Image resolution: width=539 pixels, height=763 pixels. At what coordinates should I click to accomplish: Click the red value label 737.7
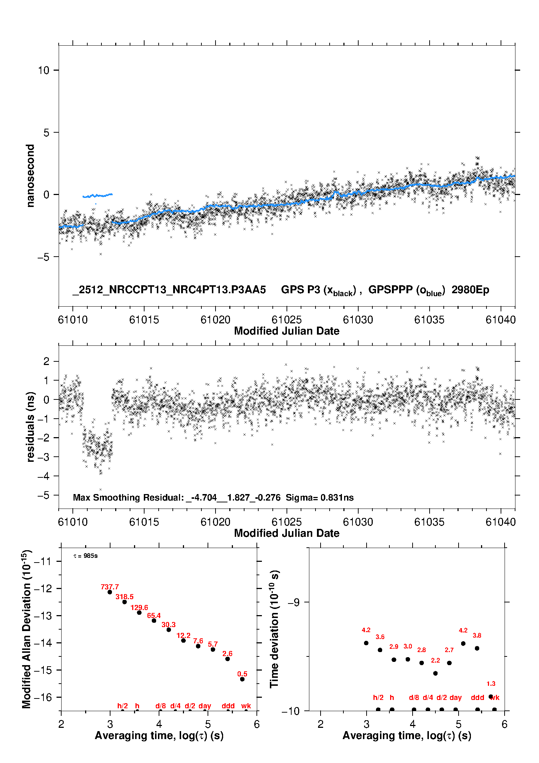click(110, 587)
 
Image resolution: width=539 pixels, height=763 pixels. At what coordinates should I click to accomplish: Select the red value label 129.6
click(139, 608)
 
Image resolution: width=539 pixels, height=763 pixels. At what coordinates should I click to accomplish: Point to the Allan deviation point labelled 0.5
click(242, 679)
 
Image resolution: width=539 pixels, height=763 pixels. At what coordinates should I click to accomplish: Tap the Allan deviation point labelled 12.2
click(183, 640)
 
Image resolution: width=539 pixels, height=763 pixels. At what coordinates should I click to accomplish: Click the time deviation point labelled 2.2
click(435, 673)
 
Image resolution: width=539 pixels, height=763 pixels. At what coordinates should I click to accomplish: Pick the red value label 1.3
click(491, 684)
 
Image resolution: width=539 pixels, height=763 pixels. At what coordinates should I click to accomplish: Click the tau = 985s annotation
click(85, 556)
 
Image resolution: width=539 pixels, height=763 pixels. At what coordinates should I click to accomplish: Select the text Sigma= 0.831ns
click(319, 497)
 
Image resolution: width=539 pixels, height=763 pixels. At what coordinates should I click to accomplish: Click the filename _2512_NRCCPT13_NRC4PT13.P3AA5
click(169, 290)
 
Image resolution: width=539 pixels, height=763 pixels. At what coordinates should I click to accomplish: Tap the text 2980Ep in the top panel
click(470, 290)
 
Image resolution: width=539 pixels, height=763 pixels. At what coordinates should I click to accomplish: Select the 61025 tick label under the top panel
click(287, 320)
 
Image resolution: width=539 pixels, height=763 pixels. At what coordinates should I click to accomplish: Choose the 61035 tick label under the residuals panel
click(429, 522)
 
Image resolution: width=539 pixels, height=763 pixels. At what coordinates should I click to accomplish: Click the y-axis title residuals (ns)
click(31, 427)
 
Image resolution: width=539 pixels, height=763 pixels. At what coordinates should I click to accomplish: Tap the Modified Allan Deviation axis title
click(26, 629)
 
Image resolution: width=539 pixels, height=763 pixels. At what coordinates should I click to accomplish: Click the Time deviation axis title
click(274, 629)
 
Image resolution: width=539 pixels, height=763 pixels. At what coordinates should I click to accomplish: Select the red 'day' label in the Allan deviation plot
click(205, 706)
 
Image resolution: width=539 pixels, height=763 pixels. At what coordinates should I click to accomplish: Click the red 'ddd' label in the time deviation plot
click(477, 697)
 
